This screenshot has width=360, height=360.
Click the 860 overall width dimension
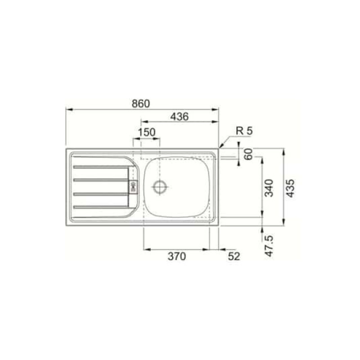141,104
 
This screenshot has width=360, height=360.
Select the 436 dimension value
179,117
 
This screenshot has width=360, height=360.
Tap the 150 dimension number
147,132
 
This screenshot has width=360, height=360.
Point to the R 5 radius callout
244,131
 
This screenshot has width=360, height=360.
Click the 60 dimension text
248,154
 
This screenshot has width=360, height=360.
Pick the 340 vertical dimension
269,188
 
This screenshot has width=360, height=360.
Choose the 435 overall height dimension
290,188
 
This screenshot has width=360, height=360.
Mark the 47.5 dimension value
269,246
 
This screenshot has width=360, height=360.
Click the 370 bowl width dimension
177,256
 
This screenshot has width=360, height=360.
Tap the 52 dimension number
234,256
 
